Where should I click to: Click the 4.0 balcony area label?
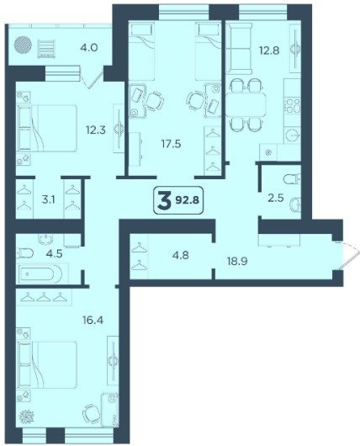(x=89, y=47)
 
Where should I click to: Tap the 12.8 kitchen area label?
(x=269, y=50)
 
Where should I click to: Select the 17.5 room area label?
(x=172, y=144)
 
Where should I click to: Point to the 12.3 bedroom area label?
(x=96, y=130)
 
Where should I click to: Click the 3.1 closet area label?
(x=48, y=200)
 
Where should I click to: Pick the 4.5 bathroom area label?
(x=56, y=253)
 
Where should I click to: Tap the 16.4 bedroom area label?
(x=93, y=321)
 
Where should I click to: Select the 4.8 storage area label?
(x=181, y=255)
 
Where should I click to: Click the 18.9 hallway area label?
(x=237, y=261)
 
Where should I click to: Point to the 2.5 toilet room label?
(x=276, y=198)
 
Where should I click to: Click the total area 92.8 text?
(x=188, y=200)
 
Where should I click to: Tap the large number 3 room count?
(x=164, y=200)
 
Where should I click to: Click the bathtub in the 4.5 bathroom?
(x=40, y=274)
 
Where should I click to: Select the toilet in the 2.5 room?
(x=292, y=179)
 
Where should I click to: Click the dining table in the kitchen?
(x=246, y=104)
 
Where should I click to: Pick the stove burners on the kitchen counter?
(x=293, y=105)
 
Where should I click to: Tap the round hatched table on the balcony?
(x=23, y=46)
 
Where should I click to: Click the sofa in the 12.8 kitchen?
(x=239, y=49)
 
